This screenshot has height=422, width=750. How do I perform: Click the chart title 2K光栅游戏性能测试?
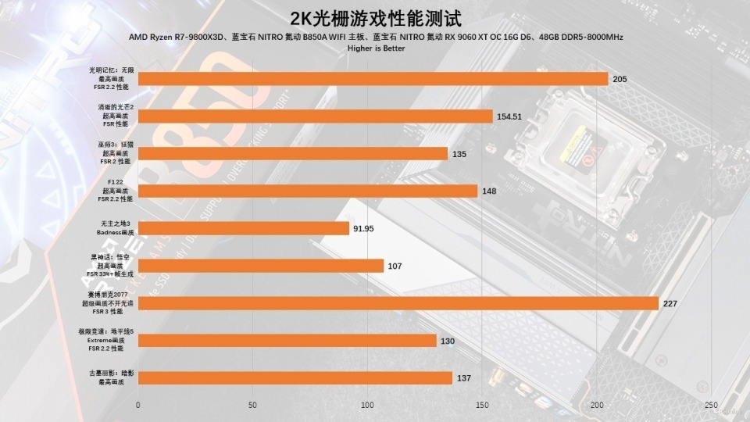374,18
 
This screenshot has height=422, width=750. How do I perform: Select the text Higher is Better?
374,48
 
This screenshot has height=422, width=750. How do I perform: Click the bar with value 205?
373,79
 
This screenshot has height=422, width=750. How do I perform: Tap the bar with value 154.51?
315,116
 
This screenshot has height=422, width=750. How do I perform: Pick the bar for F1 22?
307,191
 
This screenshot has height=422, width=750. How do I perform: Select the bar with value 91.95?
243,228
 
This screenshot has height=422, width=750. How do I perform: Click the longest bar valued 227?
398,303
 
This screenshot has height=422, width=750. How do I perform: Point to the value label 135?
459,154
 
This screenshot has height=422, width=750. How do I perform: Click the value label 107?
395,266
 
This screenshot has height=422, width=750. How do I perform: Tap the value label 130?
448,341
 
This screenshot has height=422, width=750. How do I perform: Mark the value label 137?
464,378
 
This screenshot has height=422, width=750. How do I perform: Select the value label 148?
489,191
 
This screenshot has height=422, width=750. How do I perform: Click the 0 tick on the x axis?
138,405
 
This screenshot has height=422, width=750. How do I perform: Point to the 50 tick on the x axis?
252,405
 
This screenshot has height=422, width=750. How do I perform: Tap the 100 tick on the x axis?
367,405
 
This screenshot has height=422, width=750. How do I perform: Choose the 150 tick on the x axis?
482,405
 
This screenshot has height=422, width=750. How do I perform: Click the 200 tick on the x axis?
597,405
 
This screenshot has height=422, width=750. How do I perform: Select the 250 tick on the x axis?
711,405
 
